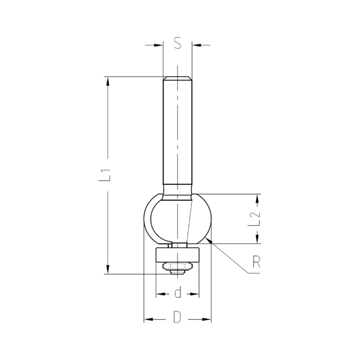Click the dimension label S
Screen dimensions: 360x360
[177, 44]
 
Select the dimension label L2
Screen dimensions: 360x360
[255, 219]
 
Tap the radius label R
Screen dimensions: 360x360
[256, 262]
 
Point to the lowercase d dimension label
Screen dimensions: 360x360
[177, 293]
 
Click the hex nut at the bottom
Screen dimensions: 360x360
[177, 267]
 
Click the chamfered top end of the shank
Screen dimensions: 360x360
[177, 78]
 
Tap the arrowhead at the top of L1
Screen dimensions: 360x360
[108, 81]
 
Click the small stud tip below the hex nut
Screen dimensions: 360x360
[177, 272]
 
